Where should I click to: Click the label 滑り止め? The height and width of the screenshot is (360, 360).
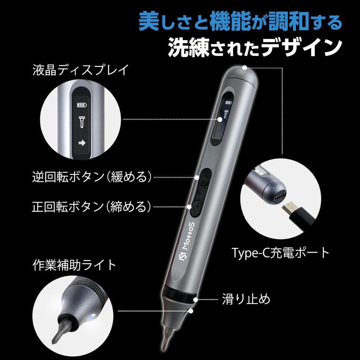point(246,300)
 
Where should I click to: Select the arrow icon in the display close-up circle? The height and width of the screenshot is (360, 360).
point(82,143)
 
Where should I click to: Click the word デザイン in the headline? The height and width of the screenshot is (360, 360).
point(302,48)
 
